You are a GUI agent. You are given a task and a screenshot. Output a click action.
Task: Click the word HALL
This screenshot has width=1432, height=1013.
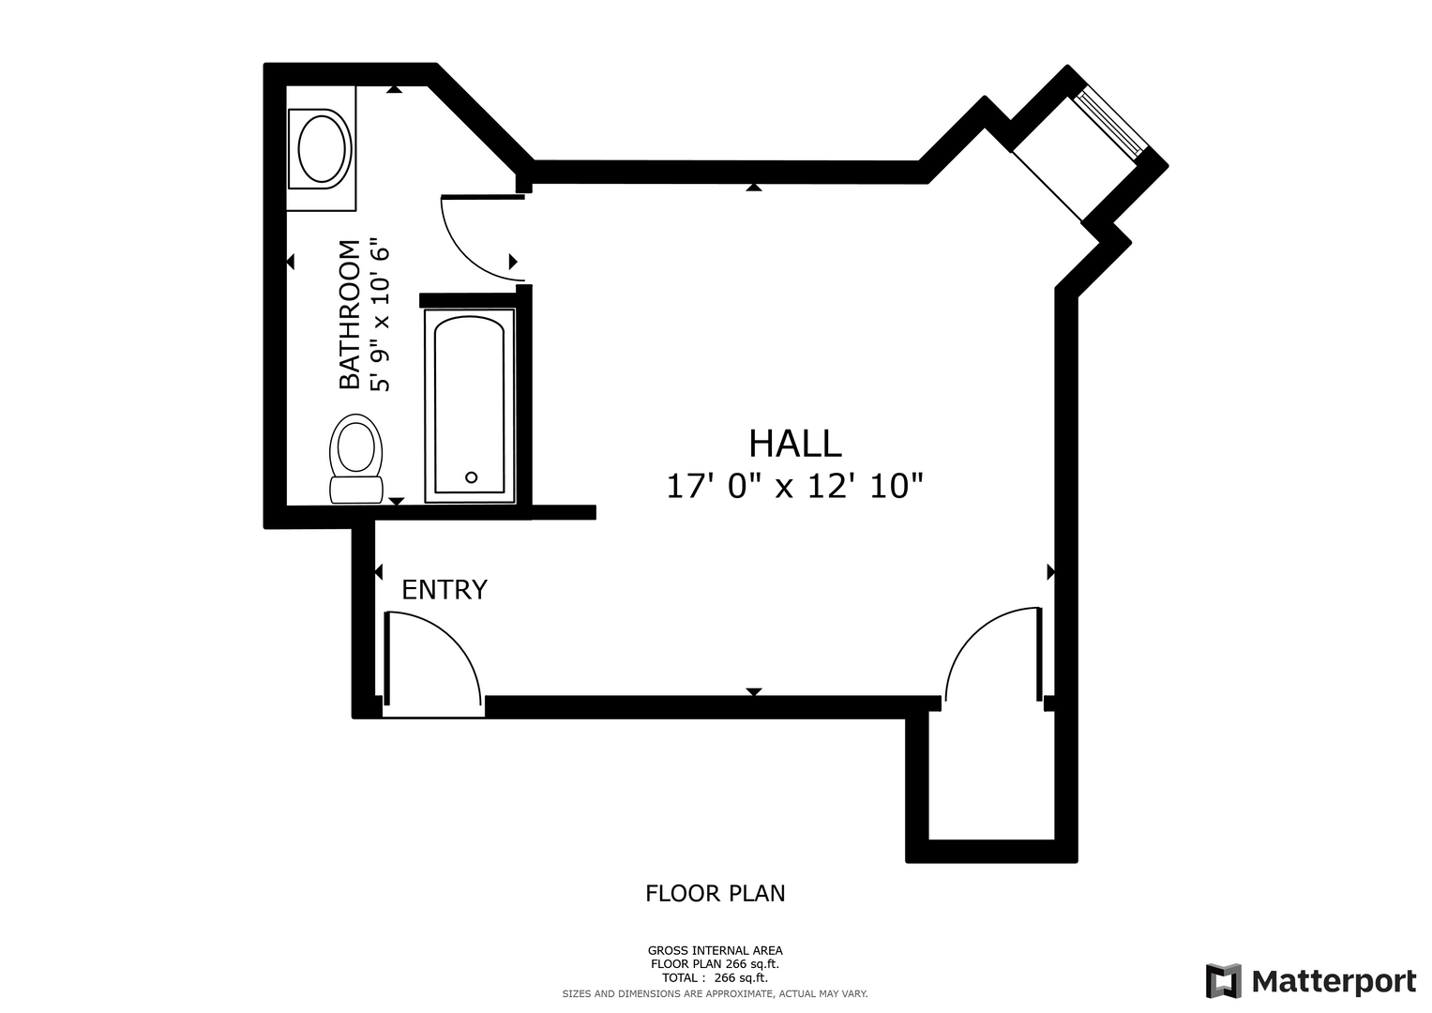[x=794, y=444]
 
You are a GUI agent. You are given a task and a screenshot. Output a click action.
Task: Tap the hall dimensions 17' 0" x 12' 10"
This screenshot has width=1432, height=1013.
[x=794, y=486]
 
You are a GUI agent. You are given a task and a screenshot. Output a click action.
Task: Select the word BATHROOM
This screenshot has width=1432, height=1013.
[x=349, y=314]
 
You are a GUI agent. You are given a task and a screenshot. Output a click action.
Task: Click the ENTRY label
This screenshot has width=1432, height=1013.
[x=445, y=590]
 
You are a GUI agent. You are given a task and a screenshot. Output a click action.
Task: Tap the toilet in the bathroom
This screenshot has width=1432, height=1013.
[x=356, y=459]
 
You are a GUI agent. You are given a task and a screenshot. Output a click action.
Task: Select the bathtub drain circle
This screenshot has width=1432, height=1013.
[x=471, y=477]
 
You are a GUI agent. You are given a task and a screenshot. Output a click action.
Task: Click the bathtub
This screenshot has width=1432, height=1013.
[x=469, y=406]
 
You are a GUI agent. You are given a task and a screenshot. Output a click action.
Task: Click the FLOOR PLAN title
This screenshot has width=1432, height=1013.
[x=716, y=893]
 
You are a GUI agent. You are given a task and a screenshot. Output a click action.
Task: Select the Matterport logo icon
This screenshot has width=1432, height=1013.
[x=1223, y=981]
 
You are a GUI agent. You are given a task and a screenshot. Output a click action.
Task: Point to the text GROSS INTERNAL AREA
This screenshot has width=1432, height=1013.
[x=716, y=951]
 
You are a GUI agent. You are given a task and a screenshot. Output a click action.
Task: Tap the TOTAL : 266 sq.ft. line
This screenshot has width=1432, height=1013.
[x=716, y=977]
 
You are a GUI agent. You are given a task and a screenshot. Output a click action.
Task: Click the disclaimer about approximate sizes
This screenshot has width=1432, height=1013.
[x=716, y=994]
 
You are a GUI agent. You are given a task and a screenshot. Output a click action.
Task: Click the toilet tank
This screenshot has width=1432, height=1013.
[x=356, y=490]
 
